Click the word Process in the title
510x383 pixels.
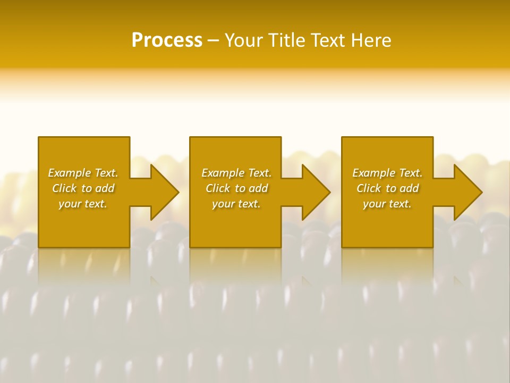coord(167,40)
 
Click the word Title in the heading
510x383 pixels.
coord(285,40)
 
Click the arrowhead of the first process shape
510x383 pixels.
coord(165,192)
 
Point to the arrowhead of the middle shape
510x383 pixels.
coord(316,192)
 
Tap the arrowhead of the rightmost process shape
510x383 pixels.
coord(468,192)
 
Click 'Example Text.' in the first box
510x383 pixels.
coord(83,173)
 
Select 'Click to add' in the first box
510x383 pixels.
coord(83,188)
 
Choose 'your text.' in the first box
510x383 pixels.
coord(83,204)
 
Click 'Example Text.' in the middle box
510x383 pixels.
coord(236,173)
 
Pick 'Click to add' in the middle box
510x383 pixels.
coord(236,188)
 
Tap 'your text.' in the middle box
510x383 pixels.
coord(236,204)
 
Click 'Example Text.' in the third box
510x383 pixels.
coord(387,173)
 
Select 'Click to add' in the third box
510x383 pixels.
coord(387,188)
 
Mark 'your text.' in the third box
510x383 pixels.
coord(387,204)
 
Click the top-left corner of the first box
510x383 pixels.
coord(39,138)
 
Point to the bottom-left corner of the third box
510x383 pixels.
coord(342,247)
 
